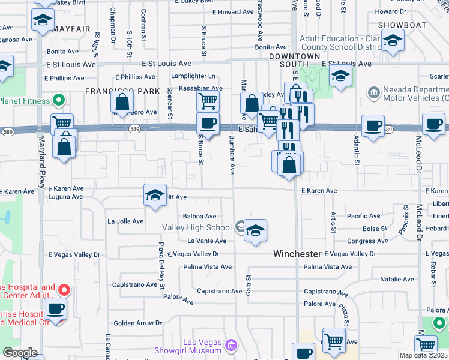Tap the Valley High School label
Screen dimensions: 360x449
196,227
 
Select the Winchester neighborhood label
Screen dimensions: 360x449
297,254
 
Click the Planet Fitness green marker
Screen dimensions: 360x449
59,100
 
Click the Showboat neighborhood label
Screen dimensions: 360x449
402,25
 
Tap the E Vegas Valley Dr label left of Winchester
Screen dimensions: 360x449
193,254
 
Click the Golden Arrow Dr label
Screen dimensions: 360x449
138,323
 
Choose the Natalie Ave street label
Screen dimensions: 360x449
397,279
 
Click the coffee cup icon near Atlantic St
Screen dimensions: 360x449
373,125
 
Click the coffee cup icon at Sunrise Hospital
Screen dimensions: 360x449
56,309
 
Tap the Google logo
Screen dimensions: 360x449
20,353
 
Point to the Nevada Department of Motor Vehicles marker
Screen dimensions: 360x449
374,93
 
